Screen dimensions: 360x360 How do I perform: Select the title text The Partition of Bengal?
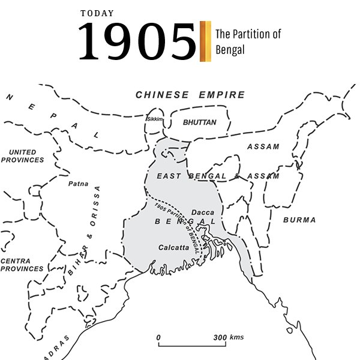coord(247,42)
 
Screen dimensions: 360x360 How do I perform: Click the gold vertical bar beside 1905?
coord(205,41)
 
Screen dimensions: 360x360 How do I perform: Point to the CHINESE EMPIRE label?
coord(190,95)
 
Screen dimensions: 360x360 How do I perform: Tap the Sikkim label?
coord(155,119)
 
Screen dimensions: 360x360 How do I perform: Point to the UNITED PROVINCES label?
coord(22,156)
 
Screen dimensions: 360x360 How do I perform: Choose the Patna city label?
coord(79,184)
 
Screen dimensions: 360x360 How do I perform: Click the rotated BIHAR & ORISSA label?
coord(83,231)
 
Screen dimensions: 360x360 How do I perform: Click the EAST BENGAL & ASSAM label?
coord(217,176)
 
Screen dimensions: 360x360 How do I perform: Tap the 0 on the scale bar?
coord(158,338)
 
